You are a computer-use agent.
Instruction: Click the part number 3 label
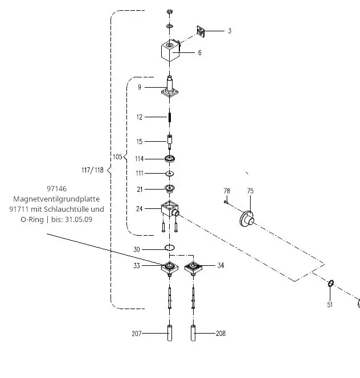pos(230,31)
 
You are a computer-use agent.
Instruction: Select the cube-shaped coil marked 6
pos(170,51)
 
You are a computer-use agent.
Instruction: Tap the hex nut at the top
pos(170,11)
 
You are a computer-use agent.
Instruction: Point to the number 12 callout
pos(140,117)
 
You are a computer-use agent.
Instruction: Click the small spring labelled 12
pos(170,117)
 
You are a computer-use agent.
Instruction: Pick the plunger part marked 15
pos(170,142)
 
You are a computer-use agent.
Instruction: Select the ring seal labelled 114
pos(170,159)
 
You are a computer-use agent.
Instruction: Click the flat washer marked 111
pos(170,173)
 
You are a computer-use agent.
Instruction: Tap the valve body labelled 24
pos(170,208)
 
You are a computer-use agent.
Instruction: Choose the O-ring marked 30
pos(170,248)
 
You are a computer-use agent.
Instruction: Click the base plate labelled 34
pos(193,268)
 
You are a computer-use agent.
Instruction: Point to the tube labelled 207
pos(170,333)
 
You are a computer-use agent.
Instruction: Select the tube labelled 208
pos(193,333)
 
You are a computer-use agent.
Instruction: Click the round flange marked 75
pos(247,219)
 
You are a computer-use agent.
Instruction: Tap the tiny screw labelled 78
pos(226,202)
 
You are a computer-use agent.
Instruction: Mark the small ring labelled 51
pos(331,283)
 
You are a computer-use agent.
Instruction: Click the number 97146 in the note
pos(57,188)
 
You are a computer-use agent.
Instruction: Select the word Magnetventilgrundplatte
pos(56,199)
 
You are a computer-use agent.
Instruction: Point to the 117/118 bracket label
pos(93,170)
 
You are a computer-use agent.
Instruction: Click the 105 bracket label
pos(117,157)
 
